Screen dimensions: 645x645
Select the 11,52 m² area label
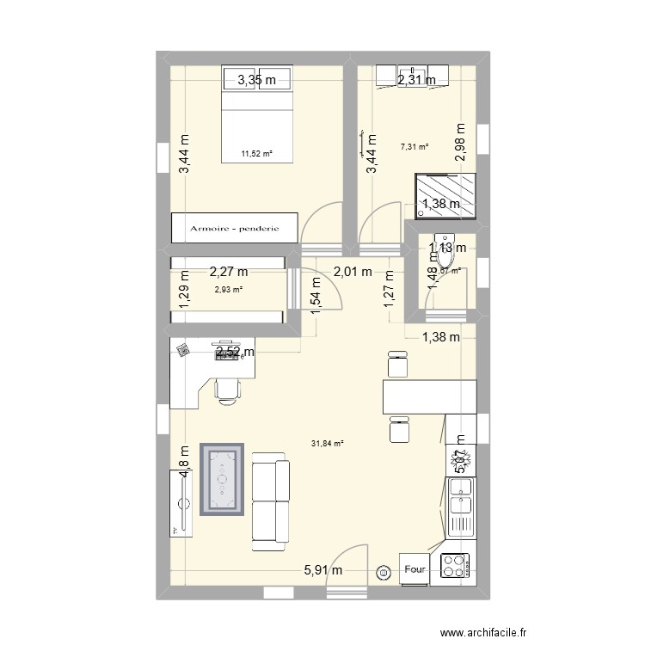(x=256, y=154)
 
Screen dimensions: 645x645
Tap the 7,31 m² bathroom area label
(x=415, y=146)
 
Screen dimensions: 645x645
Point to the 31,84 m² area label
(x=327, y=444)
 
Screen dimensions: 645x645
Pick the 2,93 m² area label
(x=228, y=289)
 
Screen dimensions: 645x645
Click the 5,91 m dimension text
(x=323, y=569)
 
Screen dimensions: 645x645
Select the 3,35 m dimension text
(x=257, y=81)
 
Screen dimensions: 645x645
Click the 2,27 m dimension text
(x=229, y=273)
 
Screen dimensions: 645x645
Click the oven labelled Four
(x=415, y=568)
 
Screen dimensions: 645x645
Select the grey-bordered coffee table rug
(x=222, y=479)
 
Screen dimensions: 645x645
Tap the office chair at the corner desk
(x=227, y=387)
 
